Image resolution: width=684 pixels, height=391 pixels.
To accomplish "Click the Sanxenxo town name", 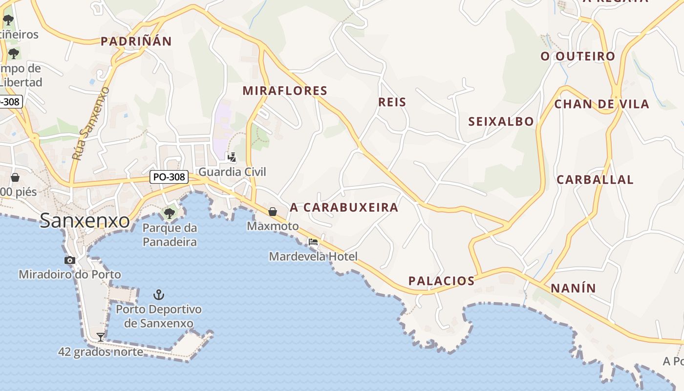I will point(85,220).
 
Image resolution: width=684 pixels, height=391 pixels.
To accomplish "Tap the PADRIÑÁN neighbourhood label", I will point(136,42).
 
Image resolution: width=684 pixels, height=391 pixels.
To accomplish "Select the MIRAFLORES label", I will point(285,91).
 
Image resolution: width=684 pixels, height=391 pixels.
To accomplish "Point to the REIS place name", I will point(392,102).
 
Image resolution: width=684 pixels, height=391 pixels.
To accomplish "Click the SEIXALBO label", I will point(501,122).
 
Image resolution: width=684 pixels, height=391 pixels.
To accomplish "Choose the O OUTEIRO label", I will point(577,56).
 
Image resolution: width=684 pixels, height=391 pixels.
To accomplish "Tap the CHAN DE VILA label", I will point(601,104).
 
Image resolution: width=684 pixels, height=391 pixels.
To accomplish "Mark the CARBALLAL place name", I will point(595,180).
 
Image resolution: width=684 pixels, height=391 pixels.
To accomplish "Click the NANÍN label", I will point(574,288).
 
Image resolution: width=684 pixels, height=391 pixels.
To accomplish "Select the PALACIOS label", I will point(442,281).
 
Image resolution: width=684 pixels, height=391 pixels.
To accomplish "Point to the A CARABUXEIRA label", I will point(344,208).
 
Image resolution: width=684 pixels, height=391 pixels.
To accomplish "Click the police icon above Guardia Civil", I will point(233,157).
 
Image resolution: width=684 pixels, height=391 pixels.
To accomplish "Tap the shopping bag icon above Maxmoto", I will point(273,212).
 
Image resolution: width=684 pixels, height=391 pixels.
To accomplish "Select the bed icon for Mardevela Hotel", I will point(313,242).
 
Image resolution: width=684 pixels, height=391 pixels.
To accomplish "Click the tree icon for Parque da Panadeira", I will point(170,213).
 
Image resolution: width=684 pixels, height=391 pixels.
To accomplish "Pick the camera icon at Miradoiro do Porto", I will point(70,260).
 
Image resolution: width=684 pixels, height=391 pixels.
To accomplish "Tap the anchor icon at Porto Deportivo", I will point(159,295).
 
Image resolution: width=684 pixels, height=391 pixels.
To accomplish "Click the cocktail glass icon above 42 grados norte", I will point(101,337).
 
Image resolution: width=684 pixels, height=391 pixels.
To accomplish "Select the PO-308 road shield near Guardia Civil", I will point(169,177).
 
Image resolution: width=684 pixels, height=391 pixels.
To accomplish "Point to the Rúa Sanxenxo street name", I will point(90,124).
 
